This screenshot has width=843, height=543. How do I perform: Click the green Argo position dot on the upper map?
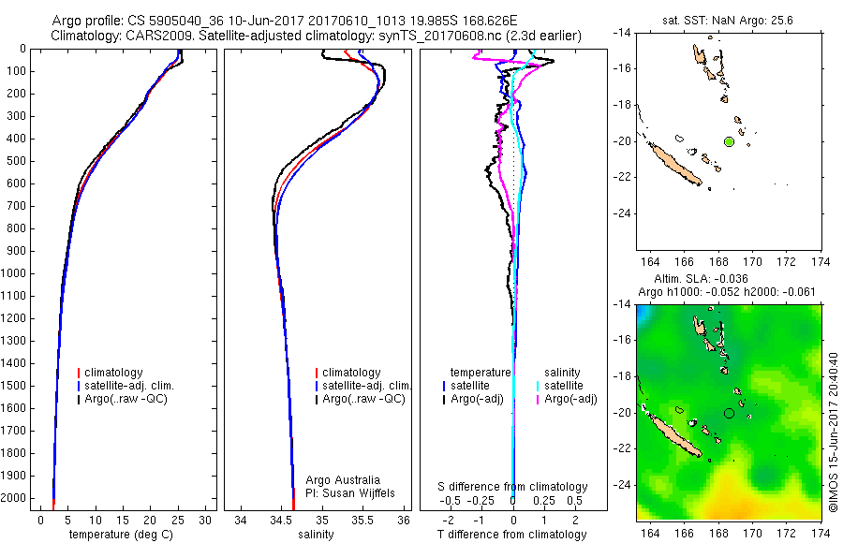729,141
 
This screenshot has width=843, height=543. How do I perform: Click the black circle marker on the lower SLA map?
729,413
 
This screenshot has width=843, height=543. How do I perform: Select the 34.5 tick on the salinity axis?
281,520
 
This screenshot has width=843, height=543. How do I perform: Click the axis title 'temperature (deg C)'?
121,535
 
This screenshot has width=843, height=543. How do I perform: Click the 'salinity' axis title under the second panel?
317,535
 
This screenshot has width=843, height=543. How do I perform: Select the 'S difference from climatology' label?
513,487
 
